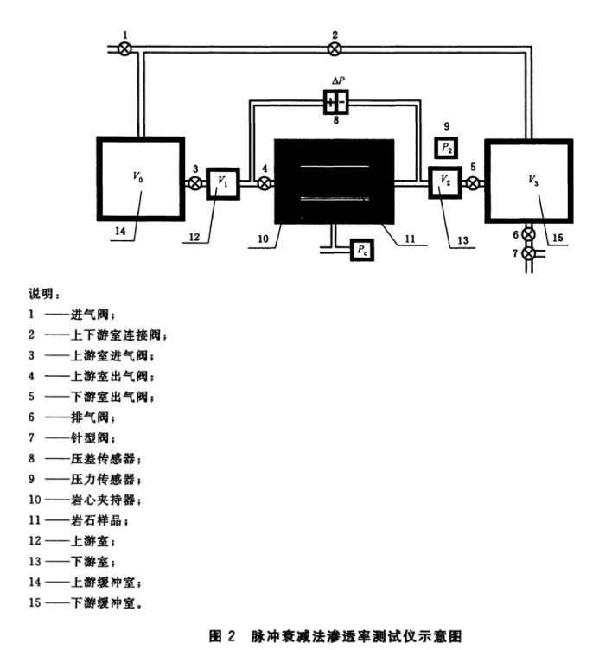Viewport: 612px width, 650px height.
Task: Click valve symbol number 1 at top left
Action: (126, 49)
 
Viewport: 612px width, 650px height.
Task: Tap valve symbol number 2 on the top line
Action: (335, 49)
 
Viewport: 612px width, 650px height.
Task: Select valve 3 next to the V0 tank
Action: (196, 182)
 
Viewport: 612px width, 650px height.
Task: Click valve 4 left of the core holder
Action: (265, 182)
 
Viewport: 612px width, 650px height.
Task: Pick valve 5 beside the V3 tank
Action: (473, 182)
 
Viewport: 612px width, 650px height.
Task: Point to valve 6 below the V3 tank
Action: (528, 235)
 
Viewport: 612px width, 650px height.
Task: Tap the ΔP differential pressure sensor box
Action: (336, 104)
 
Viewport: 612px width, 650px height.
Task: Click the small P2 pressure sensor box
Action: (446, 148)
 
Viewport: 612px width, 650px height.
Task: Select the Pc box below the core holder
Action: (362, 251)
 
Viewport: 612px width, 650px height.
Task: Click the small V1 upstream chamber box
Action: (223, 182)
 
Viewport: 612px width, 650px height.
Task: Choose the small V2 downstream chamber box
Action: (445, 182)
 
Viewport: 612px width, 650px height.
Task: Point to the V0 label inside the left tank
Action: (137, 176)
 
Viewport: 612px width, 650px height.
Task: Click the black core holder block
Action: (334, 182)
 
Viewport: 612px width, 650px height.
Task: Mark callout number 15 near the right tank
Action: (558, 237)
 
